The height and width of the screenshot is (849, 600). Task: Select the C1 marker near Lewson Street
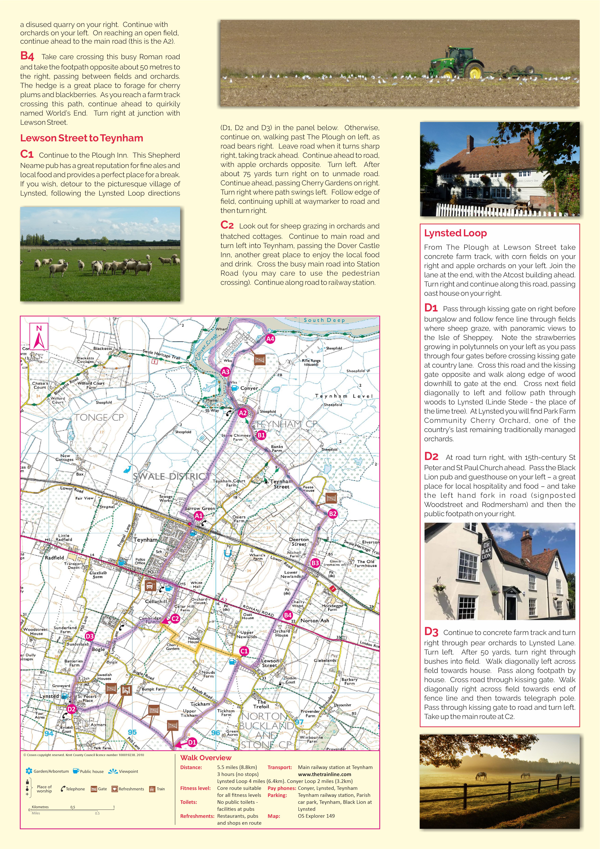244,651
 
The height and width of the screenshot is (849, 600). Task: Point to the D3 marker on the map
89,636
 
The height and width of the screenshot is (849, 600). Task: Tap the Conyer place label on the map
249,388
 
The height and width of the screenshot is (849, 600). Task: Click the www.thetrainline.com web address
324,774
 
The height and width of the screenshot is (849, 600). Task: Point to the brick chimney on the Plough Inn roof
470,143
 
